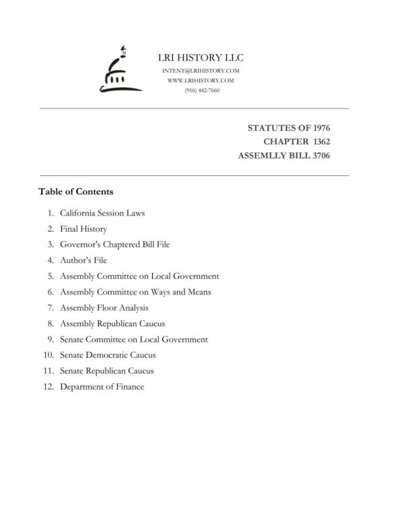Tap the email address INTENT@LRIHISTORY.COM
[x=201, y=71]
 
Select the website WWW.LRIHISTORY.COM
[x=201, y=80]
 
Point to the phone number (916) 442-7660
[x=201, y=90]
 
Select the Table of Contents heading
[x=76, y=191]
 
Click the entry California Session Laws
[x=102, y=213]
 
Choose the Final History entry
[x=83, y=229]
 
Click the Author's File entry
[x=83, y=260]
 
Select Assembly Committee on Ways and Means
[x=135, y=292]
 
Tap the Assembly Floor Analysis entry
[x=104, y=307]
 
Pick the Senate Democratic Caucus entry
[x=108, y=355]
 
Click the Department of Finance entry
[x=102, y=387]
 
